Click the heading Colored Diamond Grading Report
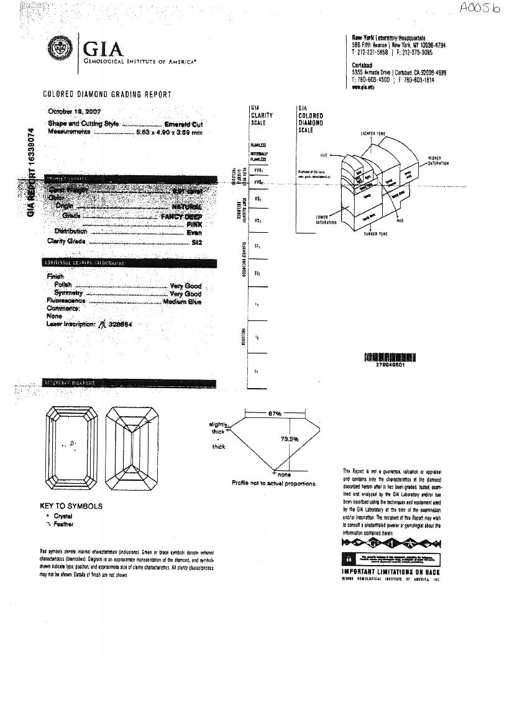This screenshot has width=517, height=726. tap(107, 94)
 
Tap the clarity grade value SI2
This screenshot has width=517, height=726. tap(197, 241)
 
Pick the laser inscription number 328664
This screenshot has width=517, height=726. tap(120, 324)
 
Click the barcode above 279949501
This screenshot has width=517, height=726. tap(390, 358)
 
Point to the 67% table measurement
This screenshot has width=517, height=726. tap(275, 413)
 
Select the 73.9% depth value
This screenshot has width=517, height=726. tap(290, 439)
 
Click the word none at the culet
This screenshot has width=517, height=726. tap(285, 475)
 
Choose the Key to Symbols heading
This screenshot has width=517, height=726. tap(71, 506)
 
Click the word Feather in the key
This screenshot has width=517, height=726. tap(63, 524)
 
